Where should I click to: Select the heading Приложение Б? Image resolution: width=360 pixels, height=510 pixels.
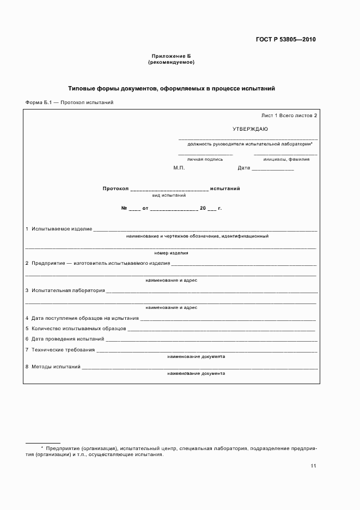tap(171, 56)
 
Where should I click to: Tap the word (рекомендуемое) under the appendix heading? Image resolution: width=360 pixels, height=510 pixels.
tap(171, 62)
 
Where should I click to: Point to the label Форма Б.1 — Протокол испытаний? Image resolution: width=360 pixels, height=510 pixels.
tap(69, 102)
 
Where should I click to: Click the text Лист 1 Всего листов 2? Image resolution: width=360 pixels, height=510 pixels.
tap(289, 116)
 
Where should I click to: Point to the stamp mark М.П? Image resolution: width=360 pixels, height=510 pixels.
tap(179, 168)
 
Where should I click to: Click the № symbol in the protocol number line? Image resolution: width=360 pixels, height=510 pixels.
tap(124, 208)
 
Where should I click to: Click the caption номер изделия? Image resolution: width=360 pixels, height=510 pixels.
tap(172, 253)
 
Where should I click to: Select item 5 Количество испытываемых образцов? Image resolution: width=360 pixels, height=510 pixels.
tap(76, 329)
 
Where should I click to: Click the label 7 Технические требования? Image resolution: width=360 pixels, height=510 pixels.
tap(60, 350)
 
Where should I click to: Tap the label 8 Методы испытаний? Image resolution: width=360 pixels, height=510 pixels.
tap(53, 367)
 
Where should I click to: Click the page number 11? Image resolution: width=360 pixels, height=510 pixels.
tap(313, 466)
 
